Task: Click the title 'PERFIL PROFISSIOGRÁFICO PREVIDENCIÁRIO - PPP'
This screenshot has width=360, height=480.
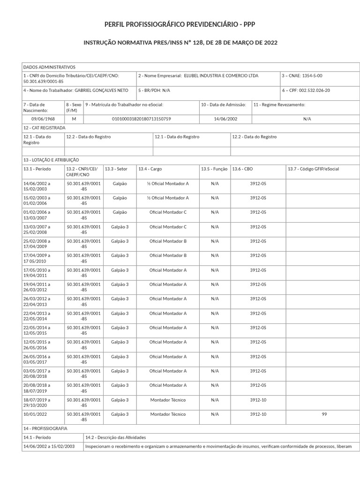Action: (x=180, y=24)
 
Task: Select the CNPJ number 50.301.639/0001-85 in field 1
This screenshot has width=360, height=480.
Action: (x=43, y=81)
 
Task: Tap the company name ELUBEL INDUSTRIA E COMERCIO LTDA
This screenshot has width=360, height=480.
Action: (x=221, y=75)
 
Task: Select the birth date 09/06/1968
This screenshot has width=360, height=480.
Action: (x=43, y=119)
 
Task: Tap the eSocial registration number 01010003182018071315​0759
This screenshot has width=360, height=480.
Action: (x=141, y=119)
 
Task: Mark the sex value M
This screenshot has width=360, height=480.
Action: (x=74, y=119)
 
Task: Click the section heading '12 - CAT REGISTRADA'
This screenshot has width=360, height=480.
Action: (x=45, y=128)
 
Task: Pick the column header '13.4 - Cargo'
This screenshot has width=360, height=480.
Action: (x=150, y=169)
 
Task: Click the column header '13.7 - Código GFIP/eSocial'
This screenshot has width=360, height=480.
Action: (x=313, y=169)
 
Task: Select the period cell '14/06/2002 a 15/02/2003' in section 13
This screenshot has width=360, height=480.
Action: (x=37, y=186)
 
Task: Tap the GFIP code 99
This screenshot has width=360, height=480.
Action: (x=324, y=414)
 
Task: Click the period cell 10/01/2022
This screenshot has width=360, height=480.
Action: (x=35, y=414)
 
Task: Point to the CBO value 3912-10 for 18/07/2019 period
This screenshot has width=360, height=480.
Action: (x=258, y=400)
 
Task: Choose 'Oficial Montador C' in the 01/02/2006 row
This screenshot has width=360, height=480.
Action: (x=168, y=212)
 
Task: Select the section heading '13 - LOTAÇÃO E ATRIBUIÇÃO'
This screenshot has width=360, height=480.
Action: (x=52, y=160)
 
